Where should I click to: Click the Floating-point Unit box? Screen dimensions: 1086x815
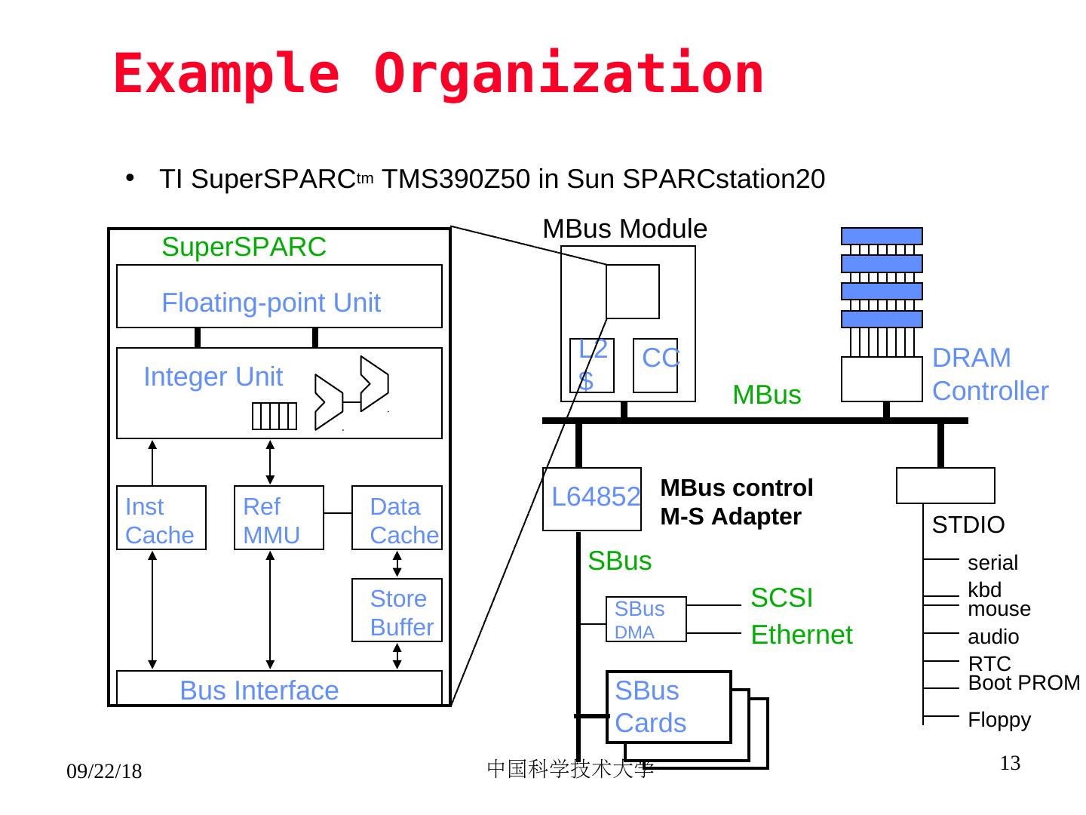(x=279, y=296)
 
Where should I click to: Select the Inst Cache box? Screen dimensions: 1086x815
(x=161, y=518)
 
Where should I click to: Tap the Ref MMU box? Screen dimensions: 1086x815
(x=279, y=518)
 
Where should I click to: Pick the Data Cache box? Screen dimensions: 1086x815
(x=397, y=518)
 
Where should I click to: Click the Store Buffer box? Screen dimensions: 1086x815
(x=397, y=610)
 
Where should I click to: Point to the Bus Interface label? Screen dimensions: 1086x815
(x=259, y=690)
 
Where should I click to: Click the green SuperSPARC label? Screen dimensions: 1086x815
(x=244, y=247)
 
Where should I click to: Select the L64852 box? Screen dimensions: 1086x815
(x=592, y=500)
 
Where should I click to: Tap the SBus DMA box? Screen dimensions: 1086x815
(x=646, y=619)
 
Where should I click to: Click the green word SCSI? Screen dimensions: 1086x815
(x=782, y=598)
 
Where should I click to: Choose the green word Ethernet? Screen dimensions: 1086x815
(x=802, y=635)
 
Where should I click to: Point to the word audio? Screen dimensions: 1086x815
(x=993, y=637)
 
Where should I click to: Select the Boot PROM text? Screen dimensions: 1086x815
(x=1023, y=683)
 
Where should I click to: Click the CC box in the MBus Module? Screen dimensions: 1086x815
(x=655, y=366)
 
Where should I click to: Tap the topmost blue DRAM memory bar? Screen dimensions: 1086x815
(x=882, y=236)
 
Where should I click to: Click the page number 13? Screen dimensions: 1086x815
(x=1010, y=763)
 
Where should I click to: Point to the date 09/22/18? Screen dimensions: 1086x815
(x=104, y=771)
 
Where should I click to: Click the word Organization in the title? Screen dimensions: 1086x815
(x=568, y=74)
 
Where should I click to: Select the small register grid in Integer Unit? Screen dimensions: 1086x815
(x=275, y=416)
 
